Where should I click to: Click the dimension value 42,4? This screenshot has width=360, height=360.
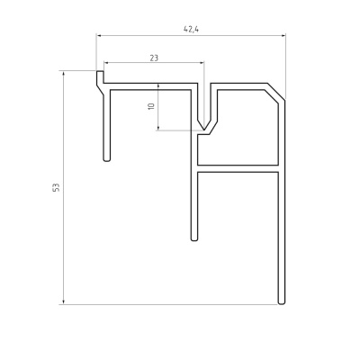coord(192,29)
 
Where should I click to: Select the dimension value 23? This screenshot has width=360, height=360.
coord(154,58)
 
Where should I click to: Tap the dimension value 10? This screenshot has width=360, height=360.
coord(151,106)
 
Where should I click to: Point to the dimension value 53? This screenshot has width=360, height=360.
coord(56,187)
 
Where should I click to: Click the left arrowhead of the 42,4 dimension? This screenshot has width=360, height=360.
coord(99,36)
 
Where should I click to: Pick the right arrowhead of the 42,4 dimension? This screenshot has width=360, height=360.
coord(283,36)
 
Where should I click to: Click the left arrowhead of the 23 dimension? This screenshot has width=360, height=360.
coord(106,62)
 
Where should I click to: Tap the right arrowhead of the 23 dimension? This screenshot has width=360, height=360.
coord(202,62)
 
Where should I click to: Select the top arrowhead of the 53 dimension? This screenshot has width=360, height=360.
coord(64,74)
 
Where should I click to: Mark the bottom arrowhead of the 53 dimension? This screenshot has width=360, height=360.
coord(64,301)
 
